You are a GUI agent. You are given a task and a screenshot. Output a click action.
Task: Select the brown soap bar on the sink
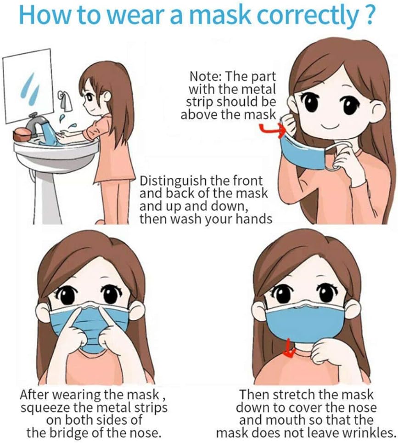pos(22,135)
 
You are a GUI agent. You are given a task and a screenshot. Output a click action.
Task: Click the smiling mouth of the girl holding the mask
pos(330,125)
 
